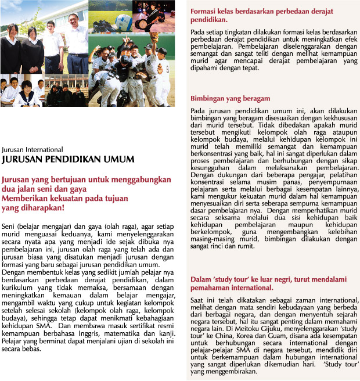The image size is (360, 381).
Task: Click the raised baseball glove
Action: click(153, 37)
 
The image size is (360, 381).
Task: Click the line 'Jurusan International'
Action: click(28, 148)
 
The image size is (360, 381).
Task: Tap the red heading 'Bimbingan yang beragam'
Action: click(228, 99)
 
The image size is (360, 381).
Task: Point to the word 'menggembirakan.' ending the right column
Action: click(227, 371)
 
